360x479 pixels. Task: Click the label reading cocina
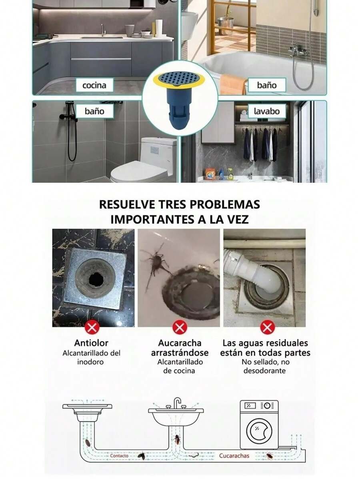click(94, 85)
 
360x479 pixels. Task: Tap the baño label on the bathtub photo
click(267, 85)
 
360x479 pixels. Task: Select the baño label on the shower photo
click(94, 111)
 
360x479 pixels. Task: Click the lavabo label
click(267, 111)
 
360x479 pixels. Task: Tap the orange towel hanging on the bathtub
click(234, 84)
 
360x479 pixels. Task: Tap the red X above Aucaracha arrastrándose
click(180, 328)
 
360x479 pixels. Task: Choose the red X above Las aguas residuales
click(267, 328)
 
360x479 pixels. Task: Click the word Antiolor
click(91, 343)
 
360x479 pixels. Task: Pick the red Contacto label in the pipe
click(119, 455)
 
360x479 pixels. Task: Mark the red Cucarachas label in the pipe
click(234, 455)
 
